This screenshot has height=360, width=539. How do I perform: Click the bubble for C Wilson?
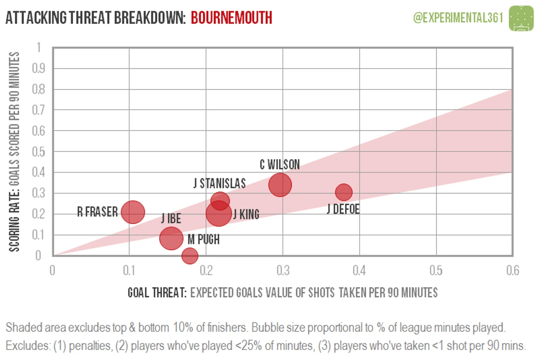[x=280, y=185]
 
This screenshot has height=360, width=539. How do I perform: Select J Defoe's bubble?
[x=344, y=192]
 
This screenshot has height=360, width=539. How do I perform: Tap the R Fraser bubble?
[x=133, y=212]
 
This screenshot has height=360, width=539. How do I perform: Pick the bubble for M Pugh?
[x=190, y=256]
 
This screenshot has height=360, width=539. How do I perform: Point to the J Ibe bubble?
[x=171, y=238]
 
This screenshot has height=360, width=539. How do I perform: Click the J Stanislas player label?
[x=220, y=184]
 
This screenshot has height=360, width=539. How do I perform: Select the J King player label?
[x=246, y=214]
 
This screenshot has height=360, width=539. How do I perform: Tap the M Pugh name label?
[x=203, y=240]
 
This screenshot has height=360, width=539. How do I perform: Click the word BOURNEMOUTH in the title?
[x=231, y=18]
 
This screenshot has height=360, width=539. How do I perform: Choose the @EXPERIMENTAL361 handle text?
[x=458, y=17]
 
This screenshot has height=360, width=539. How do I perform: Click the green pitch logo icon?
[x=521, y=18]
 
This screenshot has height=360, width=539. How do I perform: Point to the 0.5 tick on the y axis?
[x=38, y=151]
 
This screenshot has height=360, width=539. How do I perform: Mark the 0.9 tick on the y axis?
[x=38, y=68]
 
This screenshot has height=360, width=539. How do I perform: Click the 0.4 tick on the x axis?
[x=359, y=271]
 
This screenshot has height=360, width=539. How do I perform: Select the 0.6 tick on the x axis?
[x=512, y=271]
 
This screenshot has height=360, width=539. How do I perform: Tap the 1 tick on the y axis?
[x=39, y=47]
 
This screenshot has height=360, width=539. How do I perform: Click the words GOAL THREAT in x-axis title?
[x=157, y=293]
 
